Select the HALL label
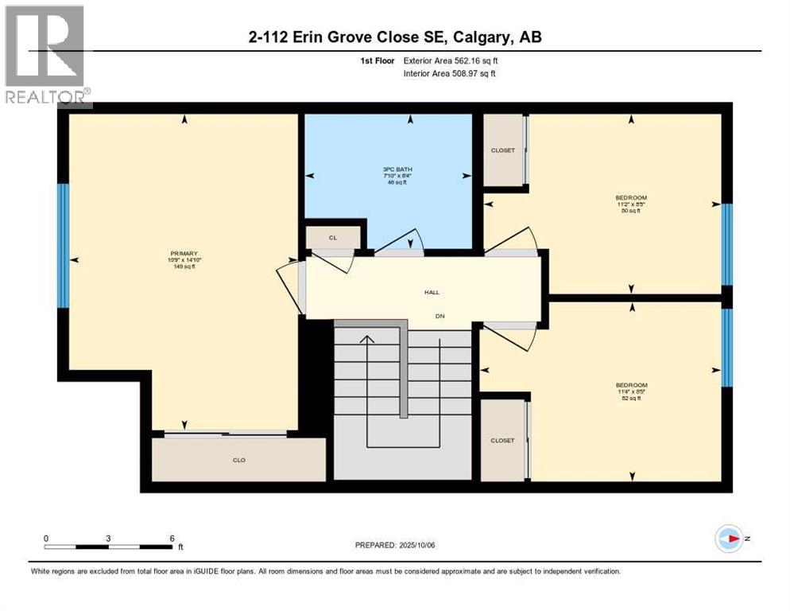(432, 293)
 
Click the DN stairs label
(439, 316)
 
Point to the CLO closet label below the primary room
(238, 460)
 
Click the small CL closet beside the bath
(333, 237)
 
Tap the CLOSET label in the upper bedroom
(502, 150)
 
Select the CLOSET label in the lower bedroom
(502, 440)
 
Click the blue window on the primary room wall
(64, 246)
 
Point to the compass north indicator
(729, 538)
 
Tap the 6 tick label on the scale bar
(172, 538)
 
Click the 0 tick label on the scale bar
(46, 538)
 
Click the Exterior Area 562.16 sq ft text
(451, 60)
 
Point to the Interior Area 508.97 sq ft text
(451, 73)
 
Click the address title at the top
(394, 37)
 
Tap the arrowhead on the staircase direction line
(366, 340)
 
